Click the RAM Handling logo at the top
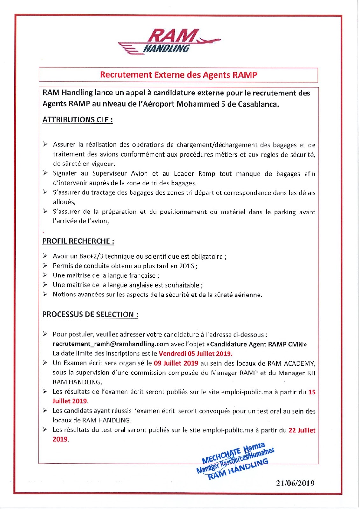point(169,41)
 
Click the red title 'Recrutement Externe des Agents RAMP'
point(178,75)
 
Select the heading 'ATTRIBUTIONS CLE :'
point(78,120)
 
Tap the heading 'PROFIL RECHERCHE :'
point(78,241)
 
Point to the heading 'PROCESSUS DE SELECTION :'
point(90,315)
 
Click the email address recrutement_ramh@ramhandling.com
point(111,344)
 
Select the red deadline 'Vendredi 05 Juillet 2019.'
point(195,353)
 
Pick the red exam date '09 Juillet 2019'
point(176,363)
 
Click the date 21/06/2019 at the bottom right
point(295,483)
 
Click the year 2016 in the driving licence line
point(187,266)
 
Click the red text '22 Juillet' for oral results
point(302,430)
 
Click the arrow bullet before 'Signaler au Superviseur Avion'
point(46,173)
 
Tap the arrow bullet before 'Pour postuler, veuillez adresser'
point(46,334)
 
